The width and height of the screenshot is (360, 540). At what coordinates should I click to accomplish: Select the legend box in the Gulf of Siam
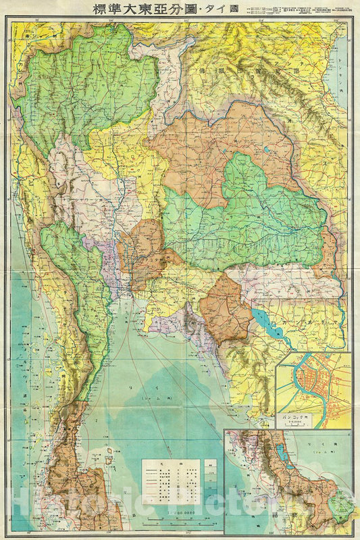tap(179, 481)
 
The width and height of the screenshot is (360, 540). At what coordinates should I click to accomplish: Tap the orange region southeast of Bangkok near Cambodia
tap(226, 308)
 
